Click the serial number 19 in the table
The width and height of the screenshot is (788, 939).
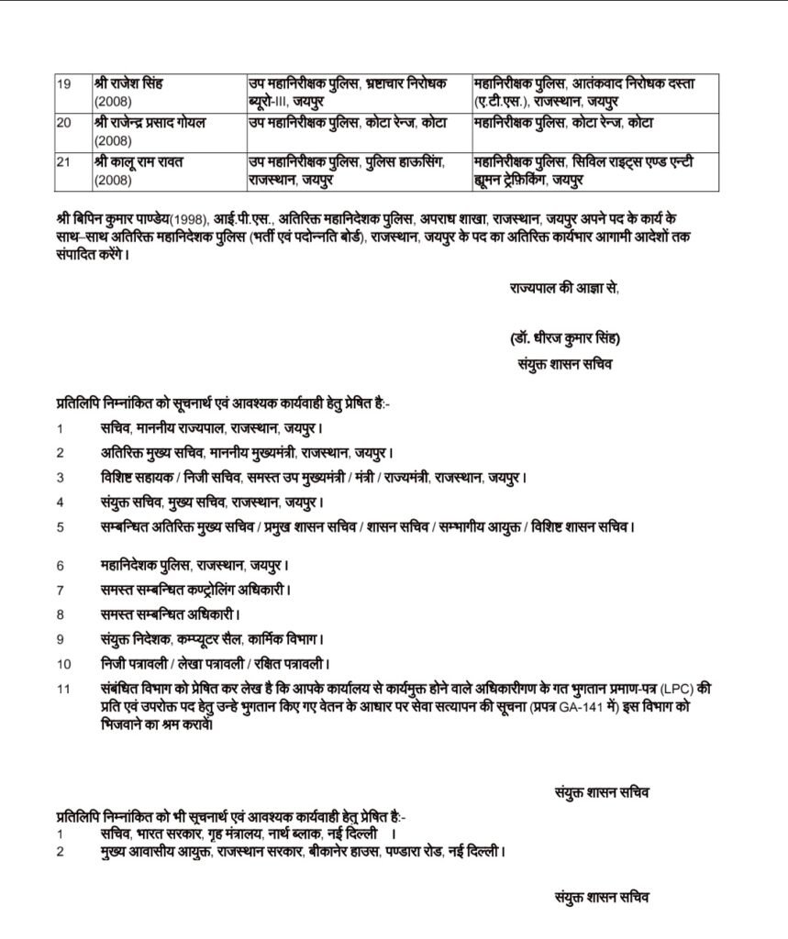[64, 83]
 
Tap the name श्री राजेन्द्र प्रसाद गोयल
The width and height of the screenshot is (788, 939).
[155, 122]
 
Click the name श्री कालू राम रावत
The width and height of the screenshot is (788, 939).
[139, 161]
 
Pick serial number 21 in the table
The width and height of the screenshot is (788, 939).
[64, 161]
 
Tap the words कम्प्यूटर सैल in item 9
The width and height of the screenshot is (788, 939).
[210, 638]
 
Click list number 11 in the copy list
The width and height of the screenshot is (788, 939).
[63, 689]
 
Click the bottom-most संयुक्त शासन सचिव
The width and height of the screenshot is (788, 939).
[604, 900]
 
